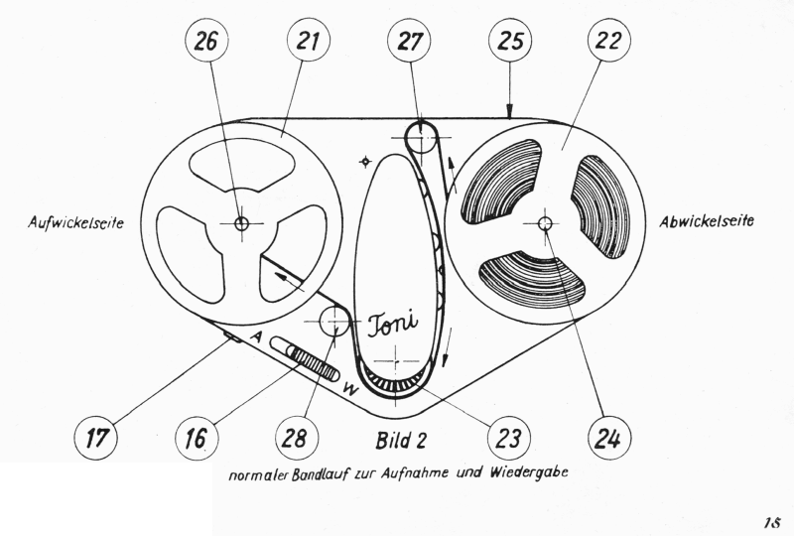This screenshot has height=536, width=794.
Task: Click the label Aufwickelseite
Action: (x=74, y=223)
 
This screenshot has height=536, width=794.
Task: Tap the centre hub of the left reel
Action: (x=241, y=223)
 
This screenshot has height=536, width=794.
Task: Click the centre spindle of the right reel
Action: (x=544, y=224)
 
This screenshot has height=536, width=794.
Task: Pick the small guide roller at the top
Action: (x=421, y=134)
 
